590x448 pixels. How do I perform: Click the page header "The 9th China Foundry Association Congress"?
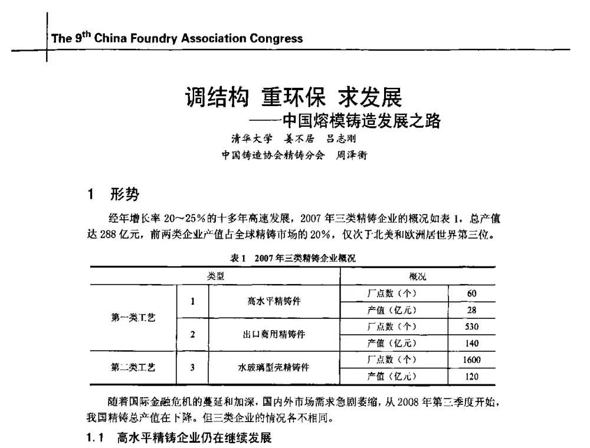(177, 39)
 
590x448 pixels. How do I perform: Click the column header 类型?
(215, 276)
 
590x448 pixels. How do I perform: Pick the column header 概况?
(418, 276)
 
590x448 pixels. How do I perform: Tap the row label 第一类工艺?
(133, 318)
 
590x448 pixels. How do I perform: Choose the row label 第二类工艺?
(133, 367)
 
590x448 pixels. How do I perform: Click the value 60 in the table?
(471, 294)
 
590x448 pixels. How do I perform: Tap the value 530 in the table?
(471, 327)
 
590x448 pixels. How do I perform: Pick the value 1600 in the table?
(471, 360)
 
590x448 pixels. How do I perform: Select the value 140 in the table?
(471, 343)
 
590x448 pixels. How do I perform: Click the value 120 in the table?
(471, 376)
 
